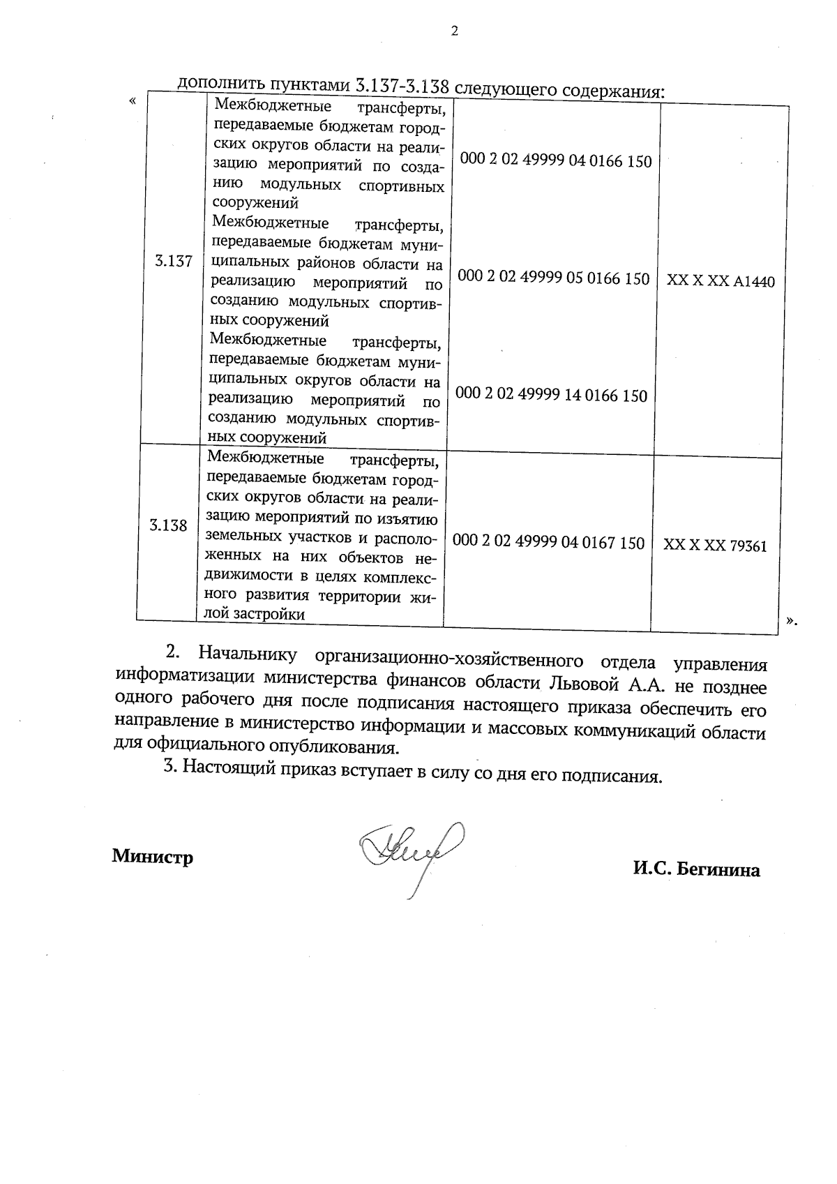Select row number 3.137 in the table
click(x=173, y=262)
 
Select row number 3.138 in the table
click(x=168, y=526)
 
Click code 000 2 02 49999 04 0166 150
click(x=556, y=161)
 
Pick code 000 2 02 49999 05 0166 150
click(x=554, y=278)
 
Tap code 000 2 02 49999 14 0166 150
click(x=552, y=396)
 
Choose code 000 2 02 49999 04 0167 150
click(x=549, y=542)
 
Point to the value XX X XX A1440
click(x=721, y=281)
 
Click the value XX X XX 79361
click(x=715, y=546)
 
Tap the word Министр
click(x=153, y=856)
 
